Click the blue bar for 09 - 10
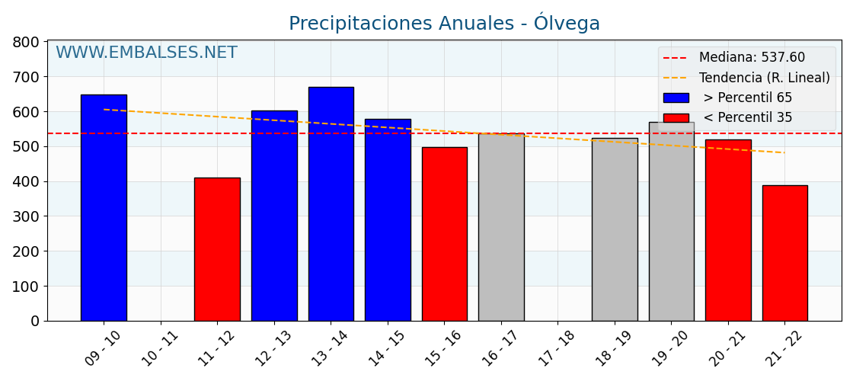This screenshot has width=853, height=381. pyautogui.click(x=104, y=207)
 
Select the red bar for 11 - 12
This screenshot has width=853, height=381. pyautogui.click(x=217, y=249)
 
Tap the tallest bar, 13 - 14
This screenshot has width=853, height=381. pyautogui.click(x=331, y=203)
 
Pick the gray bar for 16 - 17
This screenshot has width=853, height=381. pyautogui.click(x=501, y=227)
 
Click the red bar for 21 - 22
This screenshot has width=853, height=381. pyautogui.click(x=784, y=253)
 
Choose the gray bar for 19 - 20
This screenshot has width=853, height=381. pyautogui.click(x=671, y=221)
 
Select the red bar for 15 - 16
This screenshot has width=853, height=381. pyautogui.click(x=444, y=234)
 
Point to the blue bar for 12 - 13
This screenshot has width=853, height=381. pyautogui.click(x=274, y=216)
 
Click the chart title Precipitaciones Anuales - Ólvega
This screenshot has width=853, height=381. pyautogui.click(x=444, y=24)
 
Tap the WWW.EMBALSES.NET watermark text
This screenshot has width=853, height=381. pyautogui.click(x=146, y=53)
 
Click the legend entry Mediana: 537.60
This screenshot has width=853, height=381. pyautogui.click(x=751, y=58)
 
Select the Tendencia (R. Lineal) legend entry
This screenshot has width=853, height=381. pyautogui.click(x=764, y=78)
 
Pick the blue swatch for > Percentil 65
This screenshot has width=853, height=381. pyautogui.click(x=676, y=98)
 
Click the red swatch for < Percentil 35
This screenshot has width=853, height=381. pyautogui.click(x=676, y=118)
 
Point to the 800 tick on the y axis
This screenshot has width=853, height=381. pyautogui.click(x=26, y=42)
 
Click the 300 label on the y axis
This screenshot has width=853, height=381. pyautogui.click(x=26, y=216)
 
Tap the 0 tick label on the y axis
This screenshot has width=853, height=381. pyautogui.click(x=35, y=321)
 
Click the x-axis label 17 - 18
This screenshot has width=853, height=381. pyautogui.click(x=557, y=348)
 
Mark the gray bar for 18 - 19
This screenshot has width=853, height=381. pyautogui.click(x=615, y=229)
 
